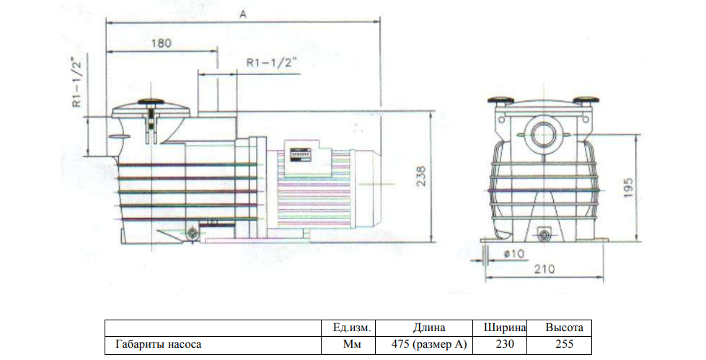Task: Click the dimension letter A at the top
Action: point(243,14)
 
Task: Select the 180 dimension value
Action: point(162,43)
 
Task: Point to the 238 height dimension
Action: point(420,177)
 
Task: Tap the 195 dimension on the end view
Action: point(629,187)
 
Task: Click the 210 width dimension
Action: point(544,269)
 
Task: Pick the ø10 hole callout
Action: point(514,254)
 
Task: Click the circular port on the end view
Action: point(544,133)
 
